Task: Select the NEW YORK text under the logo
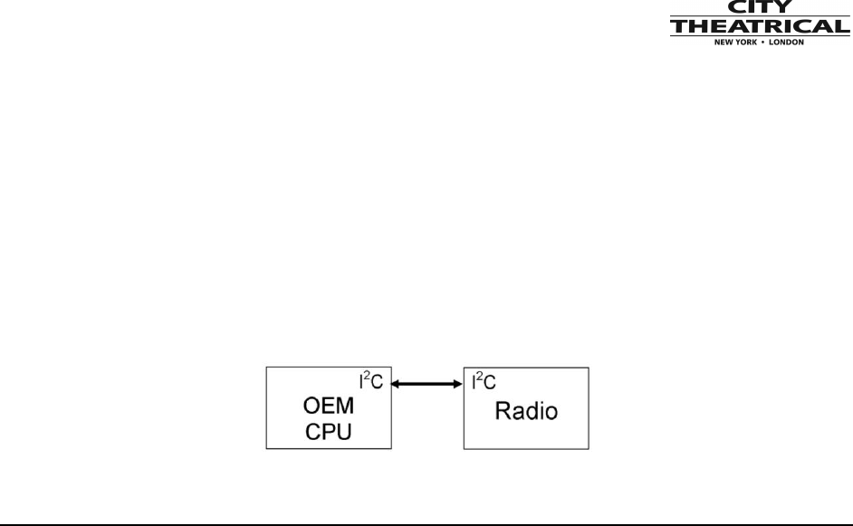point(734,43)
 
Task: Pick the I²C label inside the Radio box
point(484,382)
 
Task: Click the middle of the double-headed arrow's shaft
point(426,385)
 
